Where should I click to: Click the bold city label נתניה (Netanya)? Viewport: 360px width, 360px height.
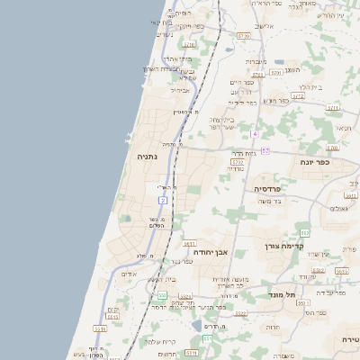point(147,156)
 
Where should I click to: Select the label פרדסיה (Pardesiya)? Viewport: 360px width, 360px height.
point(267,189)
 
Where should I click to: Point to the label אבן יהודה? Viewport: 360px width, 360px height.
point(211,252)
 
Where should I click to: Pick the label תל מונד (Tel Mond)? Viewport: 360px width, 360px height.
point(281,294)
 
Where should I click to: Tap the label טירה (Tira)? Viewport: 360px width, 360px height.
point(349,338)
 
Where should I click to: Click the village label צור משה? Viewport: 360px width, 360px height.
point(270,202)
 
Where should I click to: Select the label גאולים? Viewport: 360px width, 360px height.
point(339,209)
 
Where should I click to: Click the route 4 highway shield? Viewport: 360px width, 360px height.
point(255,133)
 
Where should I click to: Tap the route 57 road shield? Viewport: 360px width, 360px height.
point(265,151)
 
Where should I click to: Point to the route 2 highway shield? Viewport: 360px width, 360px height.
point(163,199)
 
